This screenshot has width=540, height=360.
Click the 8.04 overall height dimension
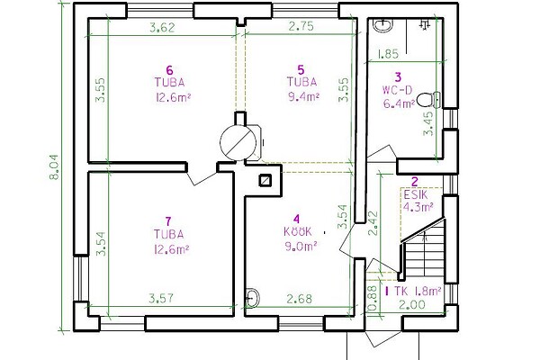point(54,167)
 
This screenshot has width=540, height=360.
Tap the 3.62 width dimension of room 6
point(162,27)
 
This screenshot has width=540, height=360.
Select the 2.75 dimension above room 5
point(301,26)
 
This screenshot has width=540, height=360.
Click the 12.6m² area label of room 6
point(173,97)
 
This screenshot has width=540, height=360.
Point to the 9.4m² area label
point(303,97)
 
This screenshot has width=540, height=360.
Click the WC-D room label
point(397,90)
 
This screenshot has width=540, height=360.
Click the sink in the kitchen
point(252,297)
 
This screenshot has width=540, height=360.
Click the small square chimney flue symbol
point(265,180)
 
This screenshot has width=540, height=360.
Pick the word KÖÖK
point(298,231)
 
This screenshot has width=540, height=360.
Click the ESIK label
point(416,195)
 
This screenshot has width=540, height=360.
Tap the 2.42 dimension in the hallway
point(373,223)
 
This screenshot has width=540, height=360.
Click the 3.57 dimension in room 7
point(161,298)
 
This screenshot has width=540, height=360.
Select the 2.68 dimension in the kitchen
point(300,299)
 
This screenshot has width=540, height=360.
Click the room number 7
point(168,220)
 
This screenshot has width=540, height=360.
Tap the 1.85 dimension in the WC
point(388,54)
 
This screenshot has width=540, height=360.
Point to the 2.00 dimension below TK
point(412,305)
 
